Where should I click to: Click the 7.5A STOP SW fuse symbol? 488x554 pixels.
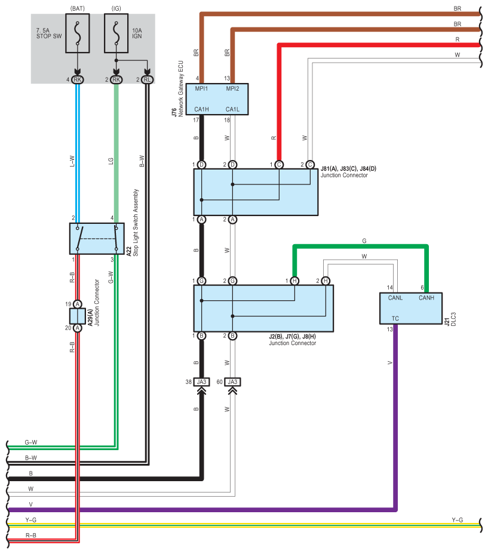pyautogui.click(x=77, y=32)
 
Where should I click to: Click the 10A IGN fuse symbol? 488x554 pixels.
pyautogui.click(x=116, y=32)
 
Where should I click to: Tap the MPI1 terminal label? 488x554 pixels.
pyautogui.click(x=202, y=90)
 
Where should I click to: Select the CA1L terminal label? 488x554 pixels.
pyautogui.click(x=233, y=109)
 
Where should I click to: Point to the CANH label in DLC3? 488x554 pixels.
pyautogui.click(x=426, y=298)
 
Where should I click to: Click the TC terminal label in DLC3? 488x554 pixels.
pyautogui.click(x=395, y=318)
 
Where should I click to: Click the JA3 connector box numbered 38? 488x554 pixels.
pyautogui.click(x=202, y=382)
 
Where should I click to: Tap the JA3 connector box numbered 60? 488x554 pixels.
pyautogui.click(x=233, y=382)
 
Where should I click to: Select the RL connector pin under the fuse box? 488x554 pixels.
pyautogui.click(x=147, y=79)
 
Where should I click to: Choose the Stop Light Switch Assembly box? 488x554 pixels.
pyautogui.click(x=96, y=239)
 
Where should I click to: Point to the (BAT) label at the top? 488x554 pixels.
pyautogui.click(x=77, y=8)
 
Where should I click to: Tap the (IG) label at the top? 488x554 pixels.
pyautogui.click(x=116, y=8)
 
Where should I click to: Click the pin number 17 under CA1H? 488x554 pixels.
pyautogui.click(x=195, y=120)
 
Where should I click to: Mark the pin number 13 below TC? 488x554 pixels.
pyautogui.click(x=389, y=329)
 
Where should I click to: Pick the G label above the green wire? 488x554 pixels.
pyautogui.click(x=364, y=241)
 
